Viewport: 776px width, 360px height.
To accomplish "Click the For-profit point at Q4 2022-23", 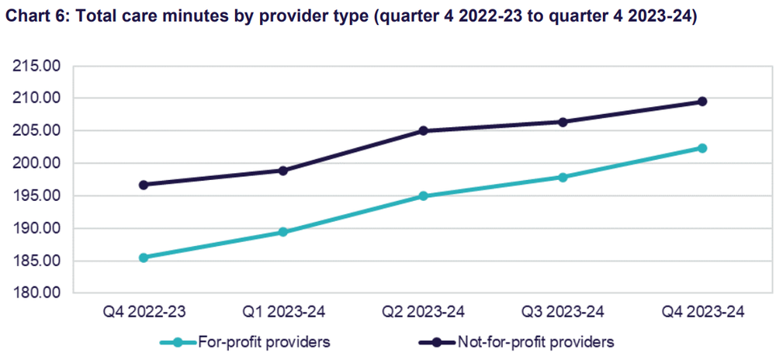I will click(x=144, y=258).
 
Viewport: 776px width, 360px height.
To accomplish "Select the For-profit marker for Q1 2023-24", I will click(x=283, y=232).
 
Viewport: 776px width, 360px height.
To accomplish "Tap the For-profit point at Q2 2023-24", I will click(x=423, y=196).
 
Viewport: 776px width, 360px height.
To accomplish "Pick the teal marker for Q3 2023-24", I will click(x=563, y=177).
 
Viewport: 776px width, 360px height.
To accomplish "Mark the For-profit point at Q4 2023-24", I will click(x=702, y=148).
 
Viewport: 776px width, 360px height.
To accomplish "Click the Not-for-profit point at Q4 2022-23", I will click(x=144, y=185).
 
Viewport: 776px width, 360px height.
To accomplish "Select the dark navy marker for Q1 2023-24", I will click(x=283, y=171).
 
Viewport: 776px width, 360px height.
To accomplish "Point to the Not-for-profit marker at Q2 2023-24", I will click(x=423, y=130).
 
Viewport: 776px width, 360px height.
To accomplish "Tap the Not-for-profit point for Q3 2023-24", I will click(x=563, y=122).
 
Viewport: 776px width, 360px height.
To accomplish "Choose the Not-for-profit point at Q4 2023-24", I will click(x=702, y=102).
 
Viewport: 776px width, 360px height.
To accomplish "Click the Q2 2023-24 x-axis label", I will click(x=423, y=313).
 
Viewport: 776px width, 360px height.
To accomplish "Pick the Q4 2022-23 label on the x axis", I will click(x=144, y=313).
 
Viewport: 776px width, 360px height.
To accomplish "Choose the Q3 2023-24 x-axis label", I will click(x=563, y=313).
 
